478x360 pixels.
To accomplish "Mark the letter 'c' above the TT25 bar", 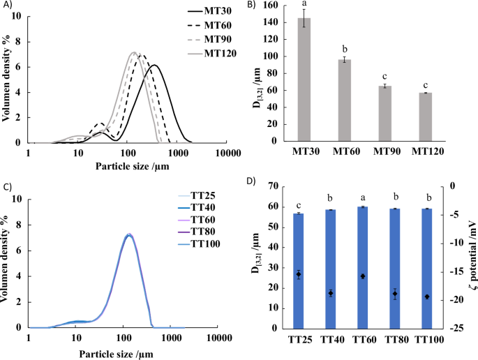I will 299,204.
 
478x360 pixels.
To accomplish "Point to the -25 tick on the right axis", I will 456,329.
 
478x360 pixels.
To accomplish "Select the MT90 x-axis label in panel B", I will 393,150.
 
